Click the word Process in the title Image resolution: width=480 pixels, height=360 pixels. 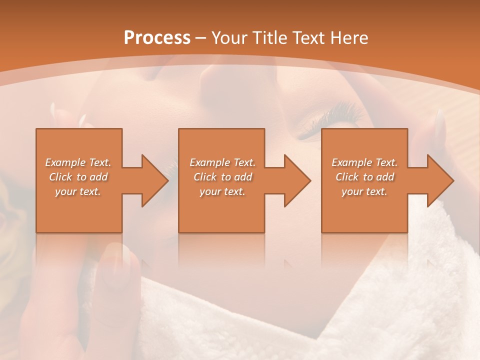tap(157, 38)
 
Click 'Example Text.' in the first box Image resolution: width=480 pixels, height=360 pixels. tap(78, 162)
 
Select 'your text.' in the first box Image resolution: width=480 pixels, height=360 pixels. tap(78, 191)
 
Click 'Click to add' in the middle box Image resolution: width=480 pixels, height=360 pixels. tap(222, 177)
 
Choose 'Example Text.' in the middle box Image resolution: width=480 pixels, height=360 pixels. tap(222, 162)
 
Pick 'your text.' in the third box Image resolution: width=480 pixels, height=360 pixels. tap(364, 191)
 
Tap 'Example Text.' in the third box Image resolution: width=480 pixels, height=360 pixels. tap(364, 162)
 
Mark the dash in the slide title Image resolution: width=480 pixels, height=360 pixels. tap(201, 38)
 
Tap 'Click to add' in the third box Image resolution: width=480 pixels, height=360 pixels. tap(364, 177)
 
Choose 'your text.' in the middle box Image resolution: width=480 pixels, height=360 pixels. tap(222, 191)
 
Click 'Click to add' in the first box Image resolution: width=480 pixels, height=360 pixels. tap(78, 177)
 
